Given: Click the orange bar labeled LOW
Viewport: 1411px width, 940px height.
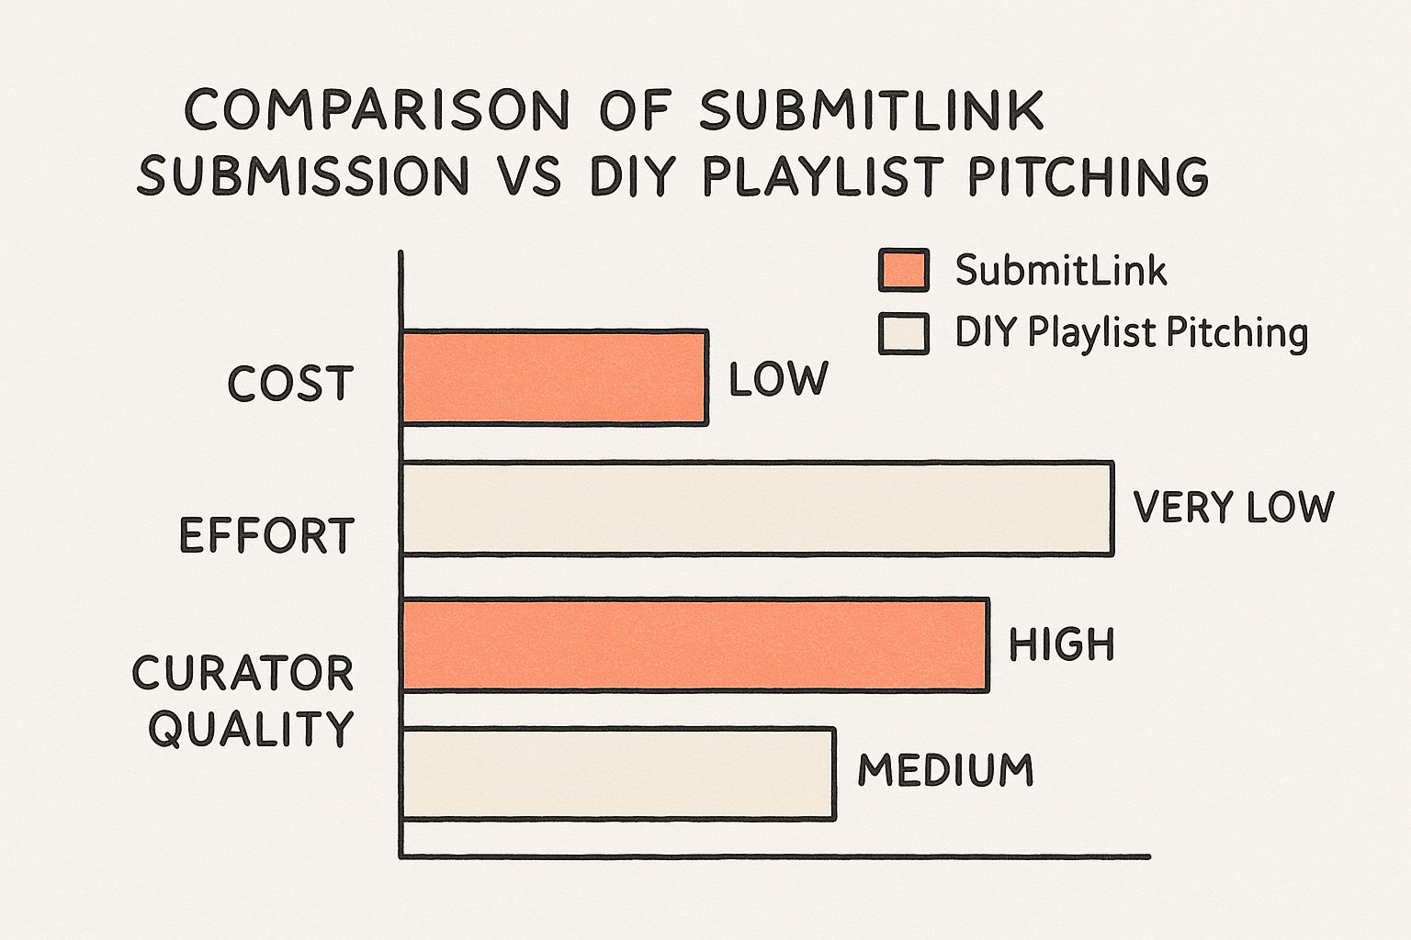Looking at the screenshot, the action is (x=555, y=378).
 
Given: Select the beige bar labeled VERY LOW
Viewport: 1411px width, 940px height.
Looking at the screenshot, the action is (x=758, y=509).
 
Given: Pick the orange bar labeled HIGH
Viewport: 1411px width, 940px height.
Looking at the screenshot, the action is (x=695, y=645).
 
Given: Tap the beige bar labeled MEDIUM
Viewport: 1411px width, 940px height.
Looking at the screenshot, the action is (x=618, y=774).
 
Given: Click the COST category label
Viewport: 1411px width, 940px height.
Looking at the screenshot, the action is (x=290, y=384).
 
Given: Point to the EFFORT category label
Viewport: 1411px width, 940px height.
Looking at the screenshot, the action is (x=267, y=535).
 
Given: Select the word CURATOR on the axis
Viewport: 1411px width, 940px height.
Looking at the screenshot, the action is (x=243, y=673).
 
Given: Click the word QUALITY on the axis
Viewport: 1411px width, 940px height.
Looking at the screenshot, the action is (x=251, y=728).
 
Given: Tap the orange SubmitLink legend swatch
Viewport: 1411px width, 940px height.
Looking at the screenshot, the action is (x=904, y=270).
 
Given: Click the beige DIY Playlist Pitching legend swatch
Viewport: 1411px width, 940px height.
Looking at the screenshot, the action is (x=904, y=334).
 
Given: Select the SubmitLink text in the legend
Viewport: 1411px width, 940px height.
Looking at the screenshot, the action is (x=1061, y=271).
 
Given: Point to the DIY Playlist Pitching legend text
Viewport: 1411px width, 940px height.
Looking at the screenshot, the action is (x=1132, y=332).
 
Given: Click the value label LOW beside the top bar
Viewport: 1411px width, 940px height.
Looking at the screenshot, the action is (x=779, y=379).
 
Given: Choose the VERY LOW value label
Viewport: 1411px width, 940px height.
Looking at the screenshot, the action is (x=1234, y=507).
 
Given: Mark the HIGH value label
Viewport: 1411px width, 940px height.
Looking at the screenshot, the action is (x=1062, y=644).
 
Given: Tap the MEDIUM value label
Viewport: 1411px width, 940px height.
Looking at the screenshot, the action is (x=945, y=769).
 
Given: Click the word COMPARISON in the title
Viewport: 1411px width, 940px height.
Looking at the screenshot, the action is (x=377, y=109).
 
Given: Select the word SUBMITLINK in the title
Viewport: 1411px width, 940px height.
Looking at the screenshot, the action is (x=872, y=109).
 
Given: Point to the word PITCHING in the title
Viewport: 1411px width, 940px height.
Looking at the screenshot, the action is (x=1089, y=175).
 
